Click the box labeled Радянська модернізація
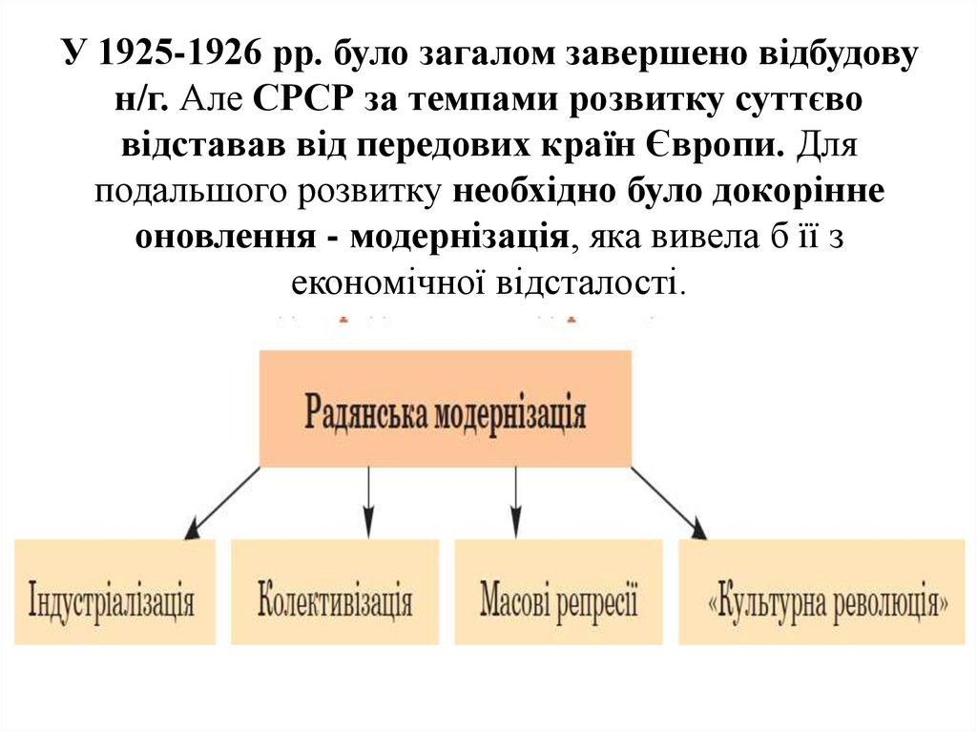point(446,408)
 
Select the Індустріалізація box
point(113,592)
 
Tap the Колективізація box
point(335,592)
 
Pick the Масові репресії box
point(558,592)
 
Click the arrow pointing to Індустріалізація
point(223,502)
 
